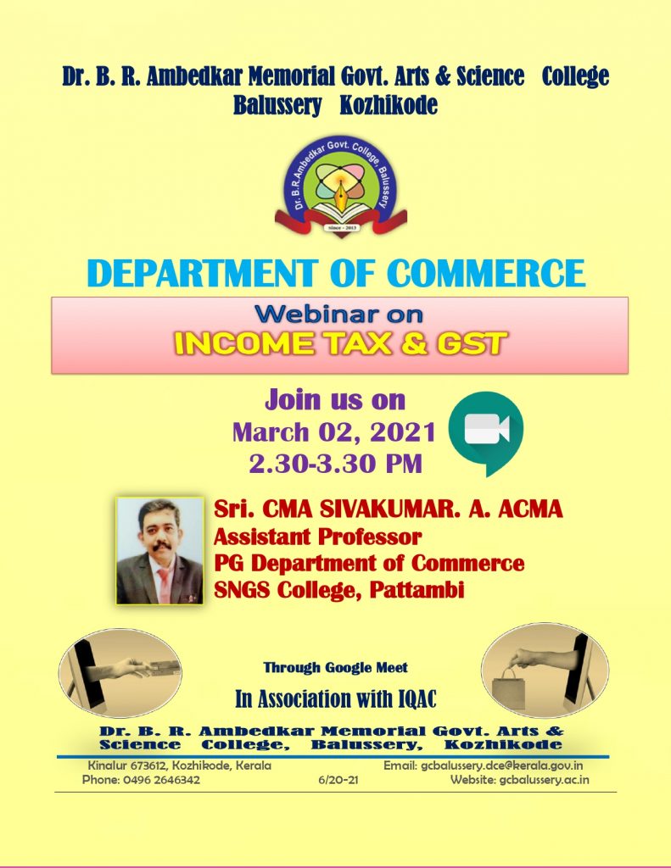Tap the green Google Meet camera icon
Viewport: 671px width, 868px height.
click(486, 432)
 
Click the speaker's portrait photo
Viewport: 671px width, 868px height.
click(160, 551)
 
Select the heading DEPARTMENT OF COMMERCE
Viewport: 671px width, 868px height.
click(336, 273)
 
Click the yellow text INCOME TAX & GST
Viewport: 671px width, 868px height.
click(340, 344)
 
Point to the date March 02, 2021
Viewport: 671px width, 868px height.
click(334, 431)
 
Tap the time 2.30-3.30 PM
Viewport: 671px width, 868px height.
click(336, 464)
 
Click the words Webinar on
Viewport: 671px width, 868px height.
click(339, 314)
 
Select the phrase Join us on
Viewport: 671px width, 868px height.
click(335, 400)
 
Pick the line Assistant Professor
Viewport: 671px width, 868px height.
click(317, 537)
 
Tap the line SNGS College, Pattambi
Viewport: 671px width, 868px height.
click(339, 590)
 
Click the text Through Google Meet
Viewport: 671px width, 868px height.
click(336, 668)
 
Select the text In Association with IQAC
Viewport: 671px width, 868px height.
click(336, 699)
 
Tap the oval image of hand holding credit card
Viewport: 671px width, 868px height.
click(120, 673)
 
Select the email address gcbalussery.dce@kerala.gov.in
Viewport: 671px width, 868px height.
click(502, 766)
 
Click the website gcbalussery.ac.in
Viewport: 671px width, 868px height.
click(544, 780)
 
